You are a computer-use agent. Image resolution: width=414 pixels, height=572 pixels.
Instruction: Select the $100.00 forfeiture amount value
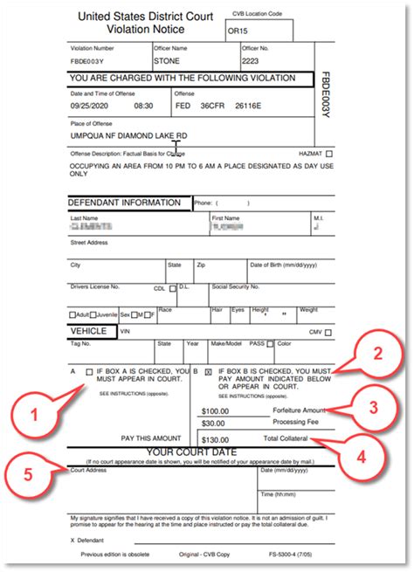215,410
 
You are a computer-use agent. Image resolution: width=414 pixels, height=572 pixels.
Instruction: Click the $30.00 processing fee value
213,424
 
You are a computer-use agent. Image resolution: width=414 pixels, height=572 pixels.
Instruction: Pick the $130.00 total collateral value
215,439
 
